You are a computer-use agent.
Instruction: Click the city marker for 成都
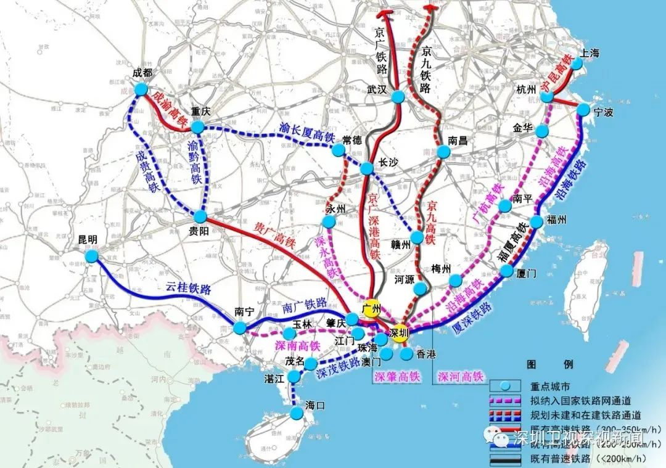coord(141,89)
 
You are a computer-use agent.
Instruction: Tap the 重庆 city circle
coord(197,127)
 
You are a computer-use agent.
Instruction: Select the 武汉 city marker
coord(398,97)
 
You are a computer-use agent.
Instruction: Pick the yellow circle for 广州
coord(371,310)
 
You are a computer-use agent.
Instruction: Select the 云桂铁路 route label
coord(188,289)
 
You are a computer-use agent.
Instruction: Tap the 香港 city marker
coord(406,353)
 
